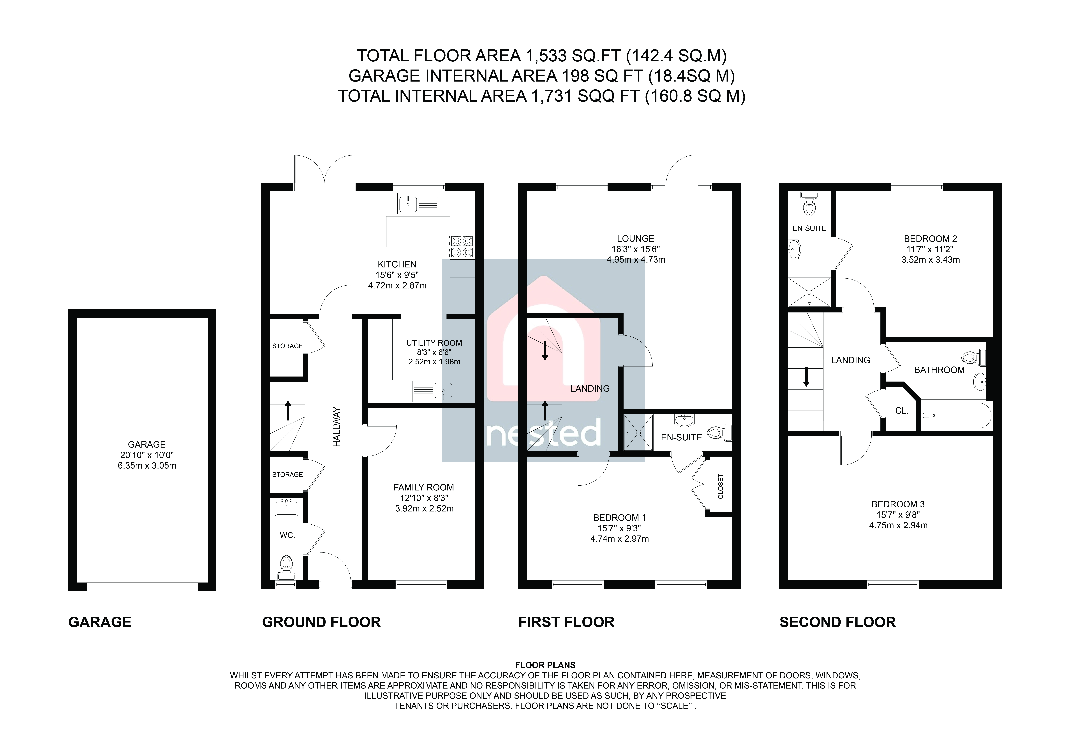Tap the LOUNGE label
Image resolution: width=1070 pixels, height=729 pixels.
(635, 238)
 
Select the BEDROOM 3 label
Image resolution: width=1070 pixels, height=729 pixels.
(898, 504)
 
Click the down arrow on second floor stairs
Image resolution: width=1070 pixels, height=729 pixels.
(806, 377)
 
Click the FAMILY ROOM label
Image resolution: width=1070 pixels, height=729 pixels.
(424, 487)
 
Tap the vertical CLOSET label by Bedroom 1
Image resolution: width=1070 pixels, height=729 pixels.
(721, 487)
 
